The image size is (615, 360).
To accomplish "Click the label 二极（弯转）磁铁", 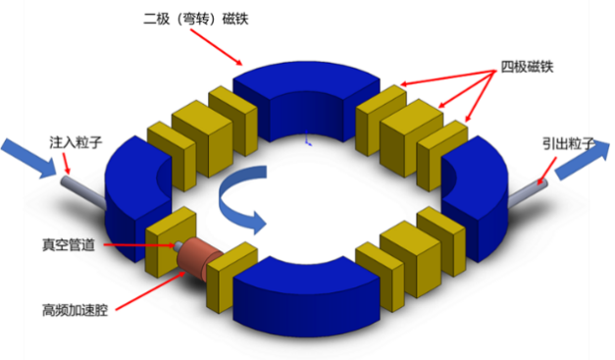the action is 196,19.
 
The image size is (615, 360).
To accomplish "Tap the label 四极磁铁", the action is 527,67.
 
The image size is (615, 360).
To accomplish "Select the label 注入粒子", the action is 76,142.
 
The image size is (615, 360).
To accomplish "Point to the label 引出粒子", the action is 569,144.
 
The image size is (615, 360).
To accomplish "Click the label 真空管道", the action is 69,245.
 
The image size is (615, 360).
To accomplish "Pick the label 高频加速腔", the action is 75,310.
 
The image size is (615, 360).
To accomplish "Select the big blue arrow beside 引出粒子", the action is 583,161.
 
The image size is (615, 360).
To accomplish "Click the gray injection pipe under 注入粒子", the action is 82,191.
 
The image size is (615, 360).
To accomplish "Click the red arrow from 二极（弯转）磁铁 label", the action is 217,47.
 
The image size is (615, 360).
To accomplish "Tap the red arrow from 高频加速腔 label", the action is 150,290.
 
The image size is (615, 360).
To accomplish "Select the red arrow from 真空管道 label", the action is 139,245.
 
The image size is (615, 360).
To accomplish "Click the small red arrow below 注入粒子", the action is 67,163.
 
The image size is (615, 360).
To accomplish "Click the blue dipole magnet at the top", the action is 306,101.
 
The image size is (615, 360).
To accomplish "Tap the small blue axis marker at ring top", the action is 308,138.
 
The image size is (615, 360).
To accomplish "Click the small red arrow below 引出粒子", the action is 546,171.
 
